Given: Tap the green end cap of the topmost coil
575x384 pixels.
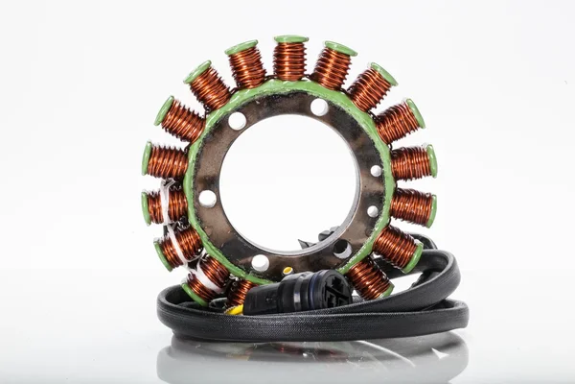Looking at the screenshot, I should [x=290, y=39].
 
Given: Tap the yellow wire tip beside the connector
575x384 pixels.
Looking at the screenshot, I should [x=233, y=309].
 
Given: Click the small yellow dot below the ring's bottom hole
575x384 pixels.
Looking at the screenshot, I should [x=287, y=271].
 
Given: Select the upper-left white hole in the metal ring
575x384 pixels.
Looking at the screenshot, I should [x=237, y=121].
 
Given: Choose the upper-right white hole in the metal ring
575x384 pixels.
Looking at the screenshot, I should [x=319, y=107].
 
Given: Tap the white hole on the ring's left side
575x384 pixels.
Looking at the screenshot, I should [x=207, y=199].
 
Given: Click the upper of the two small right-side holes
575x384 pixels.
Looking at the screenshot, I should [x=376, y=171].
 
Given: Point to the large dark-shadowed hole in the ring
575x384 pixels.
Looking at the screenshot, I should [x=341, y=249].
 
